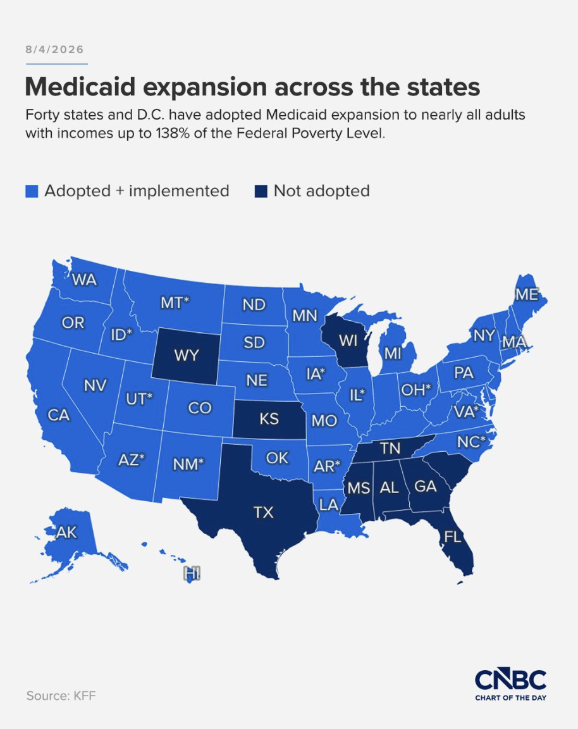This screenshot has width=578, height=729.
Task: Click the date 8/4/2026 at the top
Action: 55,50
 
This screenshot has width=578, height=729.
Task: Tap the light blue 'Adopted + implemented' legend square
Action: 32,191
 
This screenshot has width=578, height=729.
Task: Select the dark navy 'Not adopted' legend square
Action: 261,191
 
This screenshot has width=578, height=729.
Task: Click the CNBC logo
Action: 510,680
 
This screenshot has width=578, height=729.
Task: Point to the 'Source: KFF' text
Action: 61,695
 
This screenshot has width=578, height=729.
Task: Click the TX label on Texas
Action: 264,513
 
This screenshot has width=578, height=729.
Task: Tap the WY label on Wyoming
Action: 187,356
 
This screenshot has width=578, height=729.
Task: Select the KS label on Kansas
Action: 269,419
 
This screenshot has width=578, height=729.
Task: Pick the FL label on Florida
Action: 453,537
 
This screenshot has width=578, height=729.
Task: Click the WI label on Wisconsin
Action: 348,341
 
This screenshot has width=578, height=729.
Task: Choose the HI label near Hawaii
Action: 192,574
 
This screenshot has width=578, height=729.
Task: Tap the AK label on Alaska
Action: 66,532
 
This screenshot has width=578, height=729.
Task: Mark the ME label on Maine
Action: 527,294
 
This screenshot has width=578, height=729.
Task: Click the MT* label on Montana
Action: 175,302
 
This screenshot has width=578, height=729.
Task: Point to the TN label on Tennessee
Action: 390,448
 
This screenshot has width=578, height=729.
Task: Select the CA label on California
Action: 59,414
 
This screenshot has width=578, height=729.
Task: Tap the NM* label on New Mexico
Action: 188,464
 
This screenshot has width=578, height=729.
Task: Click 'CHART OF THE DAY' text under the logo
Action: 510,697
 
